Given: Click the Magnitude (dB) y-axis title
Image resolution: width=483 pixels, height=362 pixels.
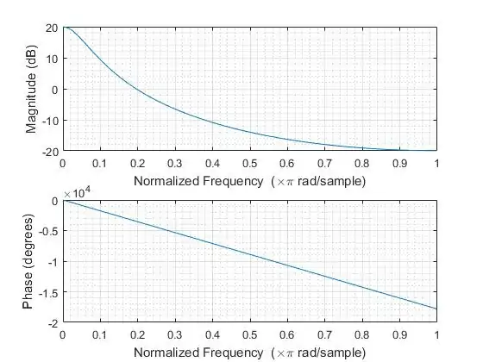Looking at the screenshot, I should pyautogui.click(x=32, y=89).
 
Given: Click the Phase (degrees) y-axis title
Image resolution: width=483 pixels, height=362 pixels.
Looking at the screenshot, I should pyautogui.click(x=32, y=261).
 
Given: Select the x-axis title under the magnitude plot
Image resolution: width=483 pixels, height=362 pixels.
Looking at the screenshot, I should pyautogui.click(x=249, y=181).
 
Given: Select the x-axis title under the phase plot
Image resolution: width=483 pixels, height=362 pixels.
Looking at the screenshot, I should pyautogui.click(x=249, y=353).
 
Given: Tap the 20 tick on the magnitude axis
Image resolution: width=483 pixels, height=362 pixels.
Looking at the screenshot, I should pyautogui.click(x=52, y=28).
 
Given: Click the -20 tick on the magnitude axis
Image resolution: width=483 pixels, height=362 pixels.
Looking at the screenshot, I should pyautogui.click(x=50, y=151).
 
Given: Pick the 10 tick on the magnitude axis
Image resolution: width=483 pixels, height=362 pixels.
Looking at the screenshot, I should pyautogui.click(x=52, y=59).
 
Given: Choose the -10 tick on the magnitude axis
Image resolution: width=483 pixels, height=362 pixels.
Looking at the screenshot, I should pyautogui.click(x=50, y=120).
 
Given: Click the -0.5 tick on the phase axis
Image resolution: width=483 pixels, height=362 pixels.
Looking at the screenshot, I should pyautogui.click(x=47, y=231).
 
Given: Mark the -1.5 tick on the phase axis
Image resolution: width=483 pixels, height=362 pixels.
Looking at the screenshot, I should pyautogui.click(x=47, y=292).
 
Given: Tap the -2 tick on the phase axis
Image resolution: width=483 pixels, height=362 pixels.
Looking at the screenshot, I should pyautogui.click(x=53, y=322).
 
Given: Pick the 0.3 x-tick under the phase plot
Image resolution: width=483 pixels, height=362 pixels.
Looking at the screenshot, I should pyautogui.click(x=175, y=334).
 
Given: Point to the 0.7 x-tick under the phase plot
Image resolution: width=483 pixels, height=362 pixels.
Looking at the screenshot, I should pyautogui.click(x=324, y=334).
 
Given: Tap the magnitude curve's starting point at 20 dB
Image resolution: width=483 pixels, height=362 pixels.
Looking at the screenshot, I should pyautogui.click(x=64, y=28).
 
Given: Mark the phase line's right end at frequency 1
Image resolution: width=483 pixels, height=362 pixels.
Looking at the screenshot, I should pyautogui.click(x=436, y=309).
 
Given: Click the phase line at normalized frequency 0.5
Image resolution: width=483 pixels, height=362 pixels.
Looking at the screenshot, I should pyautogui.click(x=250, y=254).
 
